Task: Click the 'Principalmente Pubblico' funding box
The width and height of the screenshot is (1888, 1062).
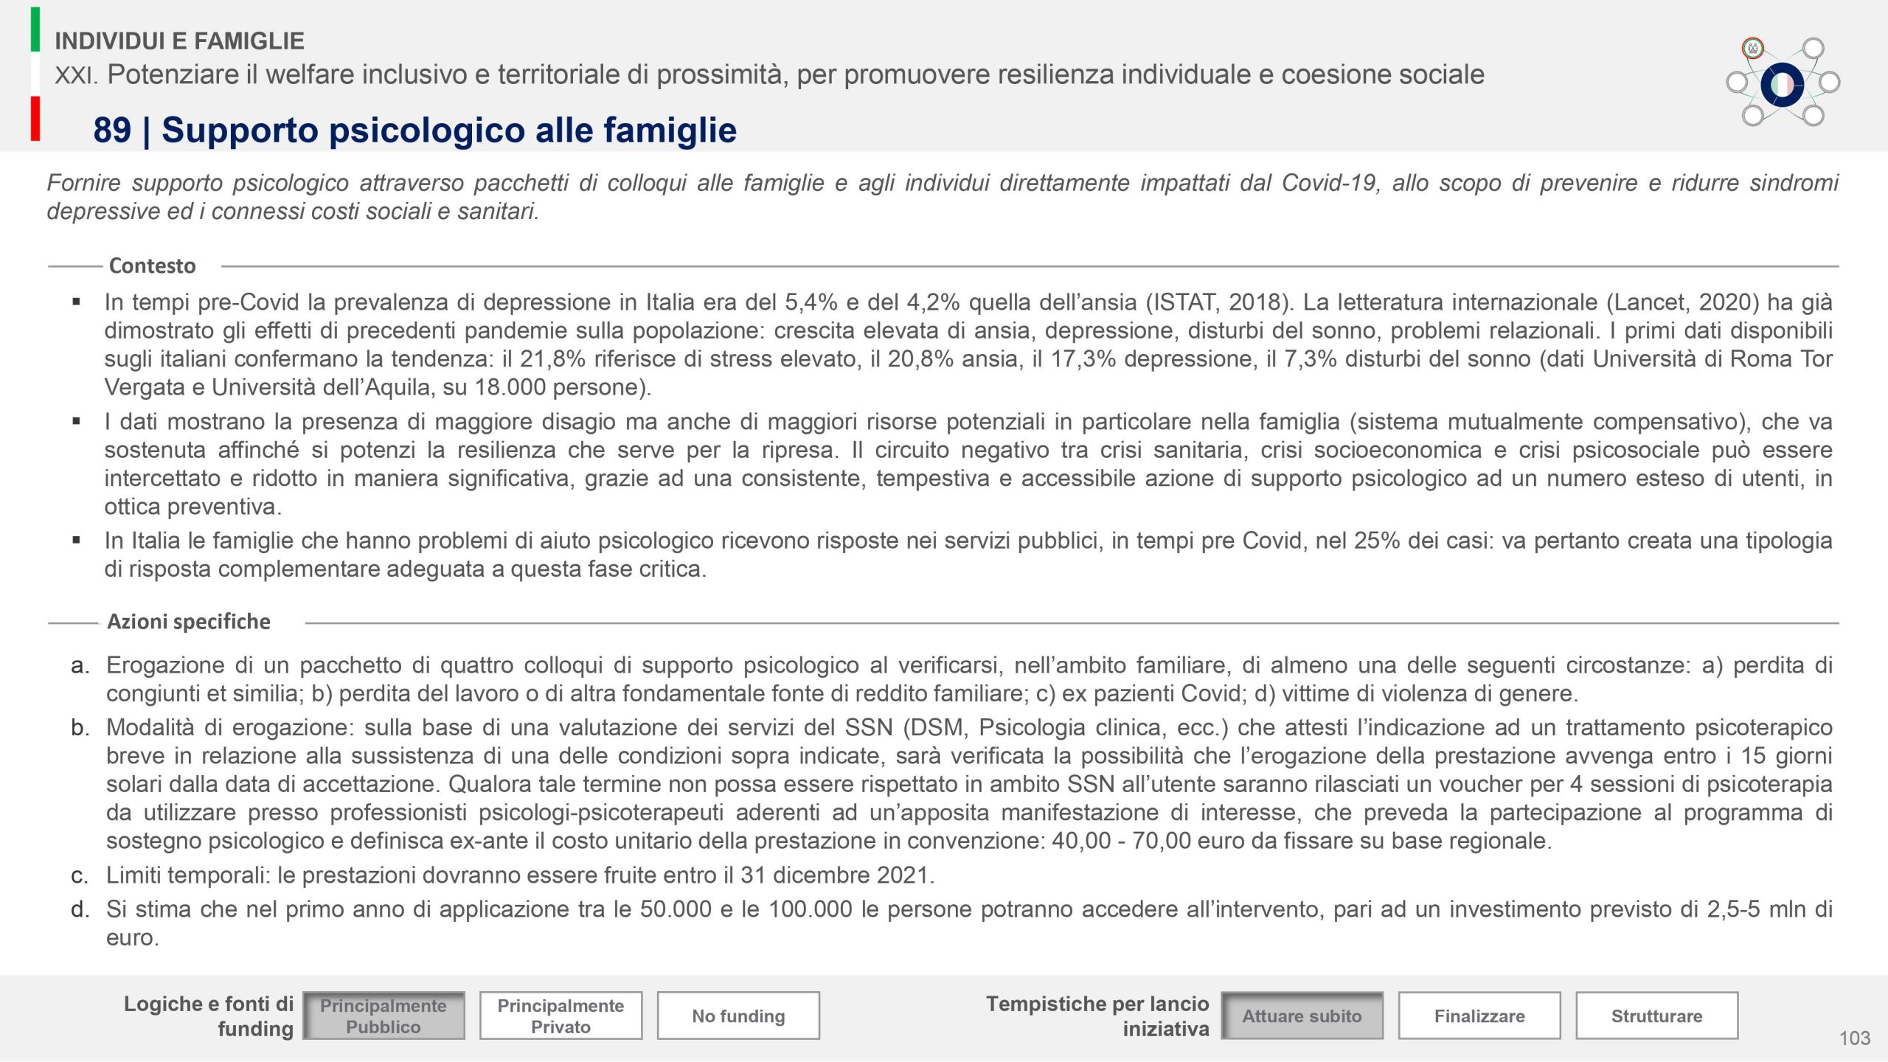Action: (x=383, y=1016)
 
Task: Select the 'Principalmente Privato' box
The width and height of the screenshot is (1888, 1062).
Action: (x=560, y=1016)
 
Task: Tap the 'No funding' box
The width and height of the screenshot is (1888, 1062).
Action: (x=738, y=1016)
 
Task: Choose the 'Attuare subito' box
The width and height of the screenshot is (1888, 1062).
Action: (x=1302, y=1016)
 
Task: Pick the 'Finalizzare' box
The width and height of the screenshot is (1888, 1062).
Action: (x=1479, y=1016)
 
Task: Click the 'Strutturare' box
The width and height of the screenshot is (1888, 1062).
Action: (x=1656, y=1016)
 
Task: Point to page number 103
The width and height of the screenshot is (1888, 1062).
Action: (x=1854, y=1038)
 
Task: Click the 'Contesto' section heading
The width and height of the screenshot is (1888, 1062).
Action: (x=152, y=265)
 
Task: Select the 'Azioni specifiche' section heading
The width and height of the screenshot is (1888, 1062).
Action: (x=189, y=622)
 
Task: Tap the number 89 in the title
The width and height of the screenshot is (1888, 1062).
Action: (x=112, y=131)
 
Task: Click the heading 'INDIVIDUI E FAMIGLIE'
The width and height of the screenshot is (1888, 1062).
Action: (x=179, y=41)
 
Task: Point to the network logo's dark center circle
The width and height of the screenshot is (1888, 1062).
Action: (x=1782, y=84)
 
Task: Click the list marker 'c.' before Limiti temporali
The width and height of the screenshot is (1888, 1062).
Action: (x=80, y=876)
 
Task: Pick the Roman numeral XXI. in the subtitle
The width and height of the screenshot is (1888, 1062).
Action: (x=76, y=74)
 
